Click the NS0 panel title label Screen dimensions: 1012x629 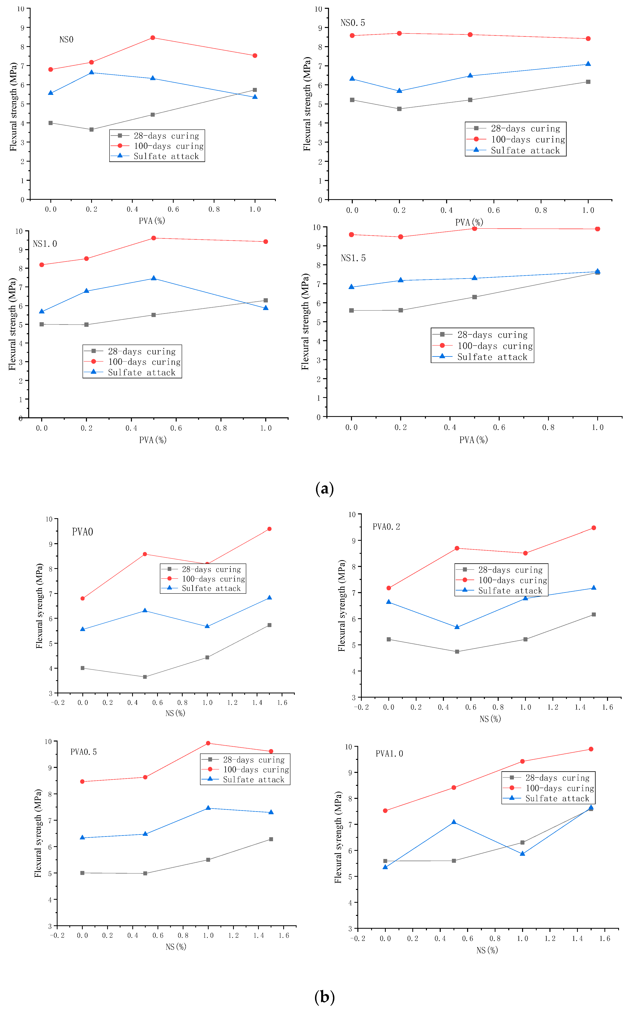pyautogui.click(x=66, y=40)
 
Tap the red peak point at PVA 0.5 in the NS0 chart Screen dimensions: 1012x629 pyautogui.click(x=153, y=38)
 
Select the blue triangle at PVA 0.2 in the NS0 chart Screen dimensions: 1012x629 pyautogui.click(x=92, y=73)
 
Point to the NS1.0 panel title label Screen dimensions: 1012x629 pyautogui.click(x=45, y=244)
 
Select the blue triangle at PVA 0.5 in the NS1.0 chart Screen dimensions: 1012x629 pyautogui.click(x=154, y=278)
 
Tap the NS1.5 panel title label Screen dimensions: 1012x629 pyautogui.click(x=353, y=258)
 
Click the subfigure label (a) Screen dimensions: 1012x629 pyautogui.click(x=324, y=489)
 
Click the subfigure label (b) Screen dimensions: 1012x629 pyautogui.click(x=324, y=997)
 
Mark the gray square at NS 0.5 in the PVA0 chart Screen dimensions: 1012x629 pyautogui.click(x=145, y=677)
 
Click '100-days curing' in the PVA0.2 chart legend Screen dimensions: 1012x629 pyautogui.click(x=512, y=580)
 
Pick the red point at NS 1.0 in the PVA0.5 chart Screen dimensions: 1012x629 pyautogui.click(x=208, y=743)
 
